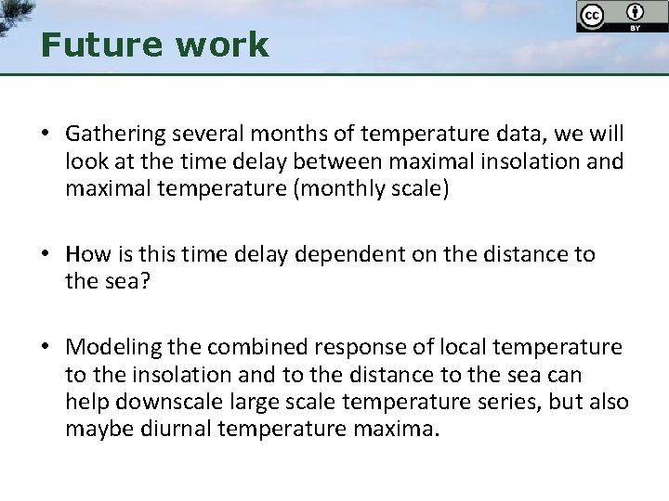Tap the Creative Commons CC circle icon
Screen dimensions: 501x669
point(591,16)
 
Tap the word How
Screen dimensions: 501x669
point(85,255)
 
